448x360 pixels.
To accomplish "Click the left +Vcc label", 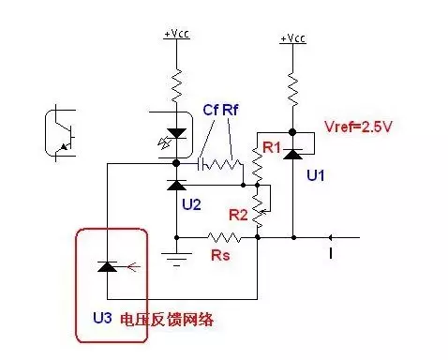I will (175, 34).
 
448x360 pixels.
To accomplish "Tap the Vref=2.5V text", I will (351, 125).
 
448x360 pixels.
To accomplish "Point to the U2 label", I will (191, 203).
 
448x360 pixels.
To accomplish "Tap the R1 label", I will (272, 148).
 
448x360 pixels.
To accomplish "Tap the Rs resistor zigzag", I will (222, 236).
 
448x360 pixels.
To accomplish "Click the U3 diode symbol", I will (108, 267).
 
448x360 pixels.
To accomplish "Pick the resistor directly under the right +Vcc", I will (294, 89).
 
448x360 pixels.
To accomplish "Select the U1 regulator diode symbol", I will (294, 144).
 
